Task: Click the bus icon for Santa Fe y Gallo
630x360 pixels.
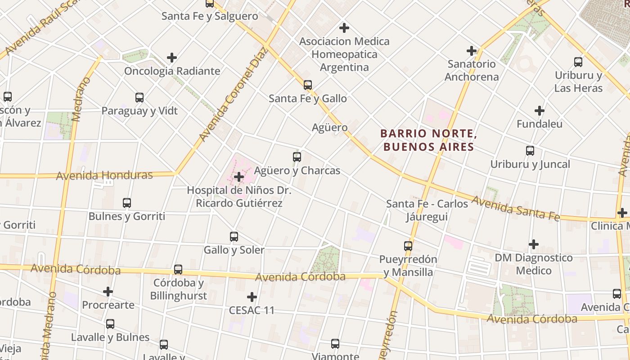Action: point(308,85)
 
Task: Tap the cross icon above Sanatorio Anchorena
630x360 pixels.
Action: point(472,50)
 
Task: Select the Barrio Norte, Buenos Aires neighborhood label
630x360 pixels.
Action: point(427,140)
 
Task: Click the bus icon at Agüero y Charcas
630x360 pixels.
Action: point(297,157)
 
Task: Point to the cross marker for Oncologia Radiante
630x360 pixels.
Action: point(171,58)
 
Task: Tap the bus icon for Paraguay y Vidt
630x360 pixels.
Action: point(139,98)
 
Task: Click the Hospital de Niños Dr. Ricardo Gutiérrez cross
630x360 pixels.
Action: point(239,177)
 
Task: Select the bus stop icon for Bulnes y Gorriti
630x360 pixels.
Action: point(127,203)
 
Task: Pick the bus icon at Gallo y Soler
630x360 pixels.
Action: point(234,237)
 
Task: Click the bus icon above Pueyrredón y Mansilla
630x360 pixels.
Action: point(408,246)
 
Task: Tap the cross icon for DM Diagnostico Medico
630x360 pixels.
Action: point(534,244)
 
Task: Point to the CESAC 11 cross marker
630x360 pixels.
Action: point(252,297)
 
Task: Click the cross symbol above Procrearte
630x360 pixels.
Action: point(108,292)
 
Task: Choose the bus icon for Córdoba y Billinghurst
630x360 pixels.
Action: point(178,270)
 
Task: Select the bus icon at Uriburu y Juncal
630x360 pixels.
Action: point(530,151)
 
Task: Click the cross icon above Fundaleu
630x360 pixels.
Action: point(540,110)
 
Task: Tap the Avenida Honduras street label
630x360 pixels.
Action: point(104,175)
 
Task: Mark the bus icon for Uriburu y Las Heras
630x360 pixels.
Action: point(578,62)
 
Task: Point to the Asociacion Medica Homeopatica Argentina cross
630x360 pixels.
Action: point(344,28)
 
